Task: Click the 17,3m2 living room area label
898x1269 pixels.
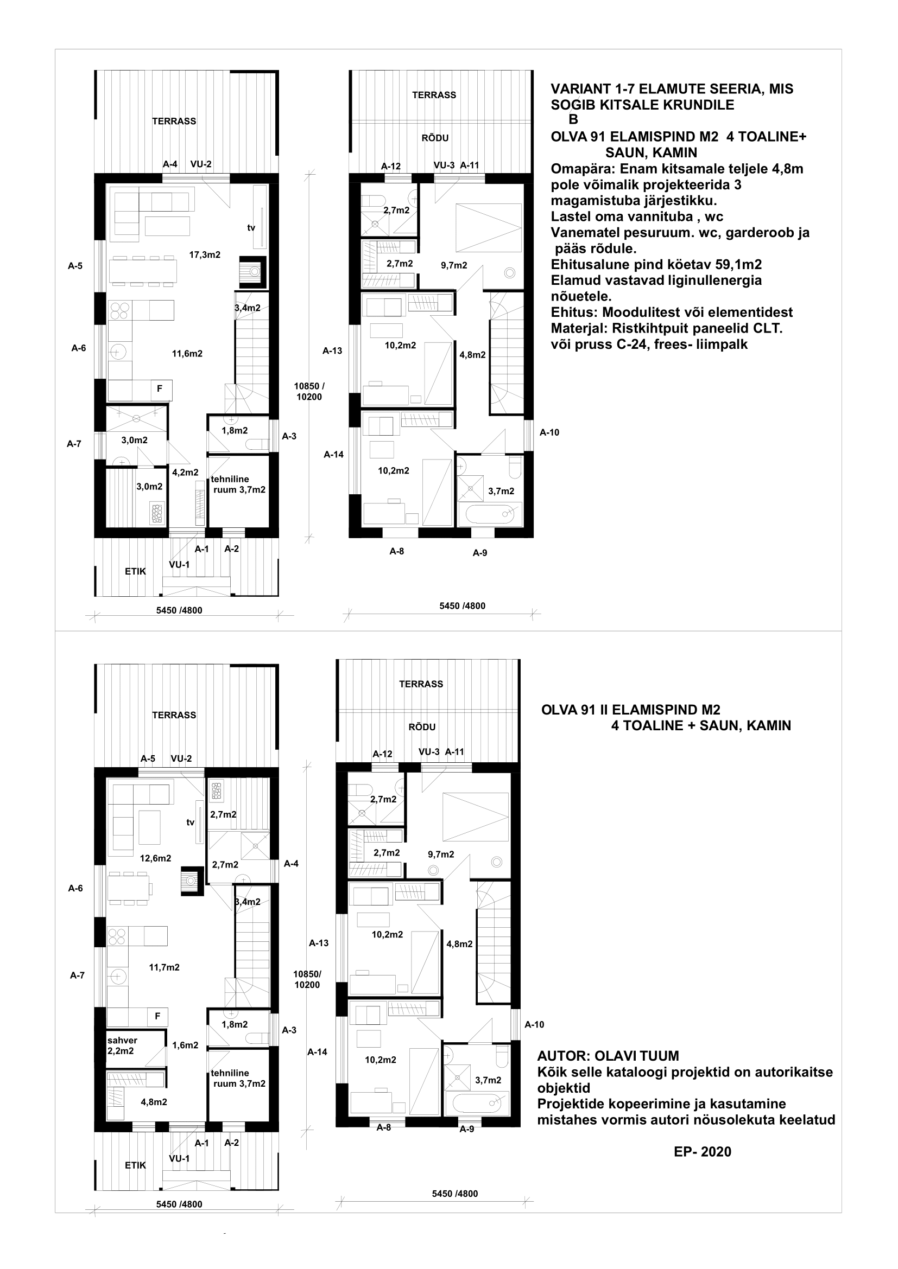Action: coord(205,255)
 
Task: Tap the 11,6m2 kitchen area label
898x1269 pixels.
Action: coord(187,354)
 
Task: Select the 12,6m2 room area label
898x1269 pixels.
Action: coord(155,858)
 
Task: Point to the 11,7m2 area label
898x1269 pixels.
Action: coord(164,967)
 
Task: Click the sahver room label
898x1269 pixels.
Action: coord(122,1040)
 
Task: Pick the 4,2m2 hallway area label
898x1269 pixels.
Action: coord(185,473)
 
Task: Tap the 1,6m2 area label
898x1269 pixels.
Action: coord(185,1045)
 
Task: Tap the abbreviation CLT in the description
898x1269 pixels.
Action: coord(769,328)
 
